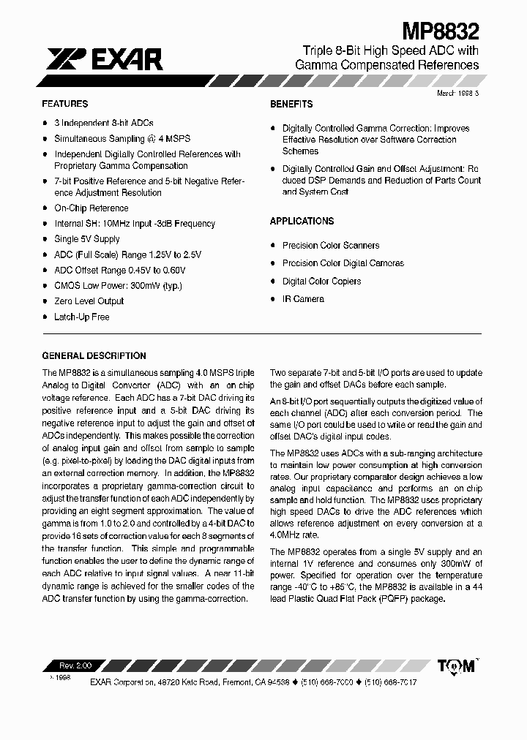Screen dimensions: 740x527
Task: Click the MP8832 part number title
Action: click(x=441, y=31)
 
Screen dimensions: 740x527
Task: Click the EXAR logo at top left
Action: click(x=103, y=59)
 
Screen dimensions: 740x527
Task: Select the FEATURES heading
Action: click(x=65, y=104)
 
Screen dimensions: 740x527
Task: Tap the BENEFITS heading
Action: click(x=291, y=104)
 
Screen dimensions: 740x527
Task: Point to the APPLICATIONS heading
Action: click(x=302, y=221)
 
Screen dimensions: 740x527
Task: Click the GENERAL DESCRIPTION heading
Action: click(x=94, y=356)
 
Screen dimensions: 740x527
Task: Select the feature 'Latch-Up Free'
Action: click(x=81, y=317)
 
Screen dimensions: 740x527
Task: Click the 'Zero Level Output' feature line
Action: click(x=89, y=301)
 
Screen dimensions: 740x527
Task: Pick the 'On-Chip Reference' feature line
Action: click(x=91, y=208)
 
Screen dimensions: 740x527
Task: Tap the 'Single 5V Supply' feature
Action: click(x=87, y=239)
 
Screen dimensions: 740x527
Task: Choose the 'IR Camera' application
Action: click(x=303, y=299)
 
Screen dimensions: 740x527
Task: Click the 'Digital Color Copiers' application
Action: click(x=321, y=282)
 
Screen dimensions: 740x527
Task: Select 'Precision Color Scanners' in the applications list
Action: click(x=331, y=246)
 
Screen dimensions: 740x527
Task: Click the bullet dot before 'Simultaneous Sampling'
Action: click(x=45, y=139)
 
